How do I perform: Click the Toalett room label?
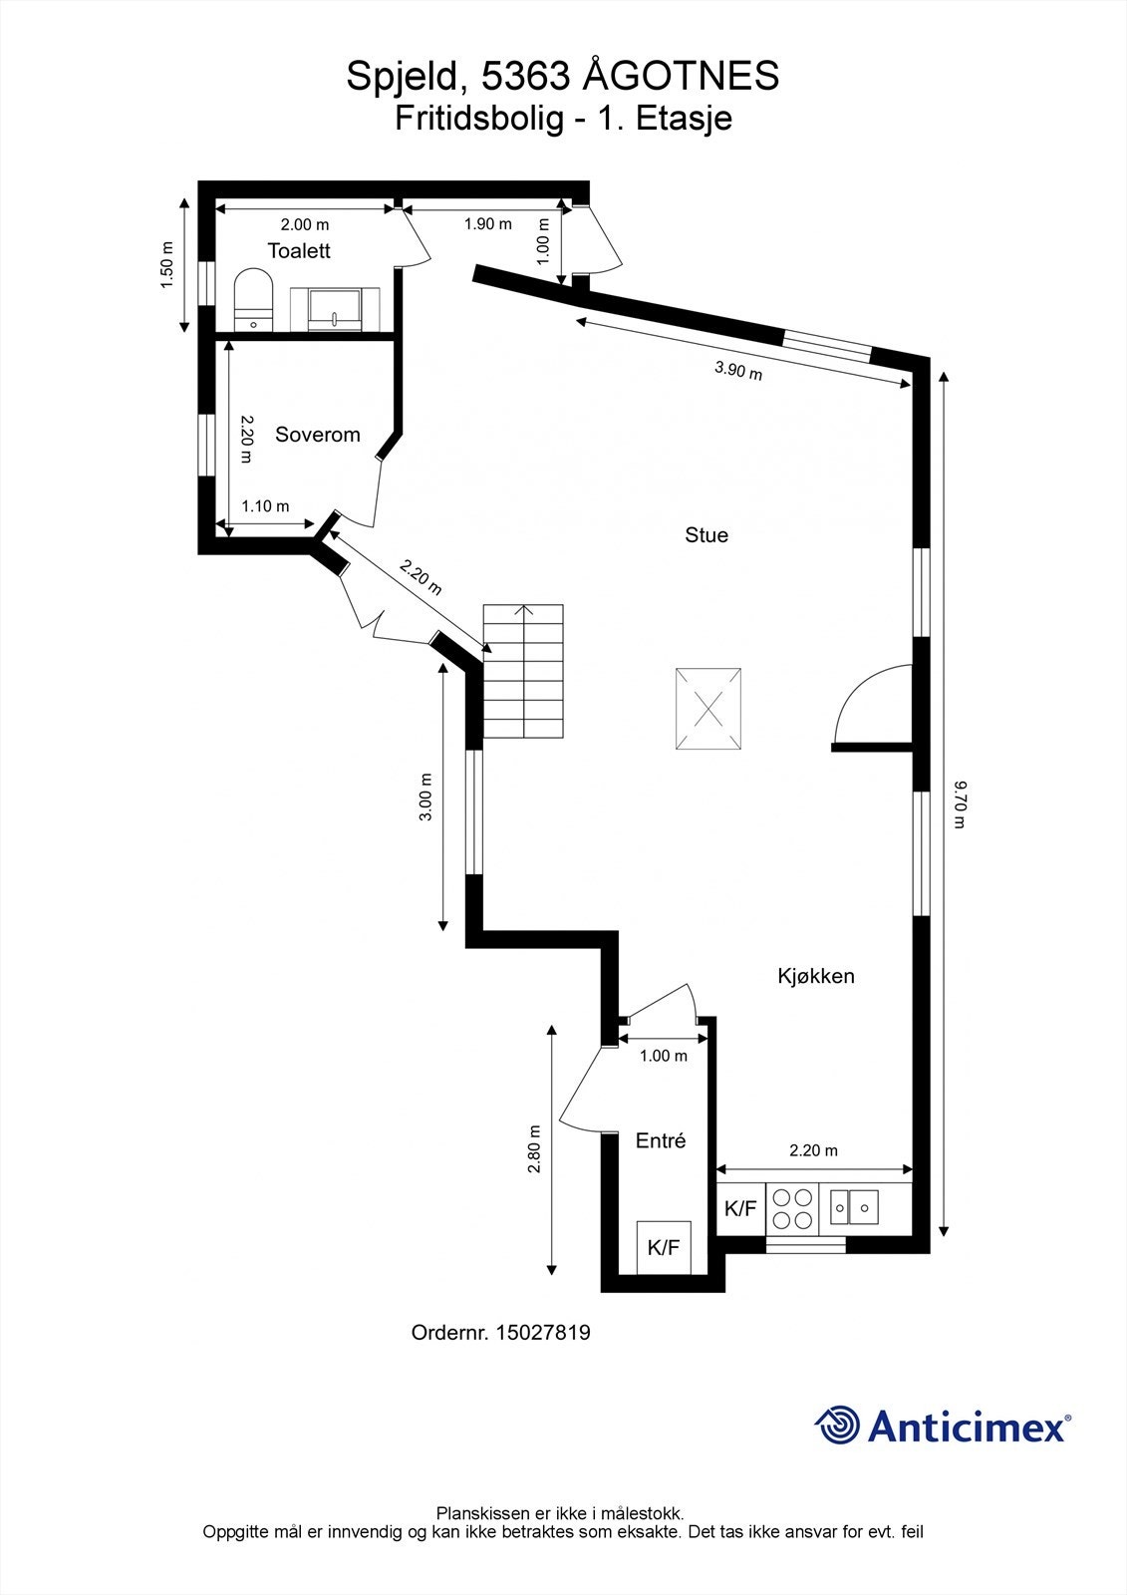299,250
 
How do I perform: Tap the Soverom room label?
318,435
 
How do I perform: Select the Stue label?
706,534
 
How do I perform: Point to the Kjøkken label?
816,976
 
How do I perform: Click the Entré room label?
661,1140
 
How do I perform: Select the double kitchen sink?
854,1207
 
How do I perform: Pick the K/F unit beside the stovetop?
740,1208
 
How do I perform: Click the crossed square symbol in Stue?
708,709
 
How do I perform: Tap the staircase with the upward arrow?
523,672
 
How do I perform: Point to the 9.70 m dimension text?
960,804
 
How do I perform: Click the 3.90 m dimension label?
738,370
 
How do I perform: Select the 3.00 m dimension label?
425,797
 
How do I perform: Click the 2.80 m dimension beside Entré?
535,1148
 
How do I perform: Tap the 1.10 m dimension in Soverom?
265,506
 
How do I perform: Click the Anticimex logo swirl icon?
837,1425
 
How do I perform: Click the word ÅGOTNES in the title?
682,76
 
